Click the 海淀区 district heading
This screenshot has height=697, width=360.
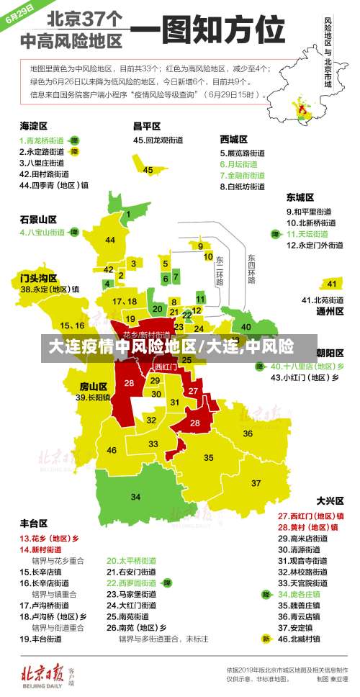[33, 125]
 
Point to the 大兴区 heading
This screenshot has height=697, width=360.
[330, 500]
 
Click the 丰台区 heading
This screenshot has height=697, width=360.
[33, 523]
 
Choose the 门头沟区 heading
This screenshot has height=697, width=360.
[37, 277]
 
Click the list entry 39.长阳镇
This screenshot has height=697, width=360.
[94, 397]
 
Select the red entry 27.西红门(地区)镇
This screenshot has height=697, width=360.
[311, 516]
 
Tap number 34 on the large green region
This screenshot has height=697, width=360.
[135, 497]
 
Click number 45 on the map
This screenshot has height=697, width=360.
[148, 170]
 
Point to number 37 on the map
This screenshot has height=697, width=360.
[256, 482]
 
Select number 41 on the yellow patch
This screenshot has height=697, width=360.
[332, 283]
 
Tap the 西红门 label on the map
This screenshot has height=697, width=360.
[166, 367]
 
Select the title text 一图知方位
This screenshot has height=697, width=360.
[207, 32]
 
